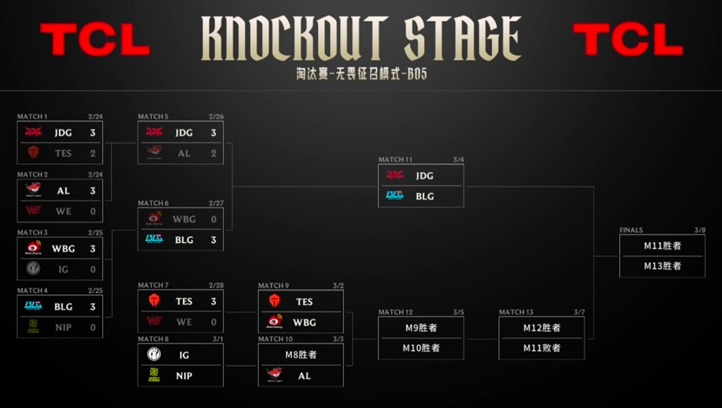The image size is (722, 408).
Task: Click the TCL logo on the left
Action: coord(94,39)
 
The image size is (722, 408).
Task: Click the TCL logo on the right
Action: coord(628,39)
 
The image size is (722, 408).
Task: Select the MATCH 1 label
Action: coord(32,117)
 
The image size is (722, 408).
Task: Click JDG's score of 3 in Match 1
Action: coord(93,132)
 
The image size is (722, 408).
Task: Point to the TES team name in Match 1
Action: coord(63,153)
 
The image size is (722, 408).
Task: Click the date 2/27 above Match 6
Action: coord(216,203)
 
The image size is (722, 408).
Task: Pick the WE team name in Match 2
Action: coord(63,211)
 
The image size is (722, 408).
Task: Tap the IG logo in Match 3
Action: coord(33,270)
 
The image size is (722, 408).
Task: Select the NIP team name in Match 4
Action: coord(63,327)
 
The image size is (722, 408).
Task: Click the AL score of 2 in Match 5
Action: coord(213,153)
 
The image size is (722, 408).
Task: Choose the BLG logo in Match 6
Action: coord(154,240)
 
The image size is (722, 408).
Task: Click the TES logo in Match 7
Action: coord(154,301)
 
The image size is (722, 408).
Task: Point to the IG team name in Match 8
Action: coord(184,355)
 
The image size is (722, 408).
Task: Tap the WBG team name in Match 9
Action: coord(304,322)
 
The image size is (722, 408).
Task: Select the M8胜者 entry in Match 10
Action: coord(301,354)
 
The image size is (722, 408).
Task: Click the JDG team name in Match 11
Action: coord(424,176)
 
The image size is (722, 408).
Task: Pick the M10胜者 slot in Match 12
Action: coord(421,348)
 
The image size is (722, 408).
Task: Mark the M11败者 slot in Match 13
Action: coord(541,348)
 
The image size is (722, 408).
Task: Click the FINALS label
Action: coord(631,230)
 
